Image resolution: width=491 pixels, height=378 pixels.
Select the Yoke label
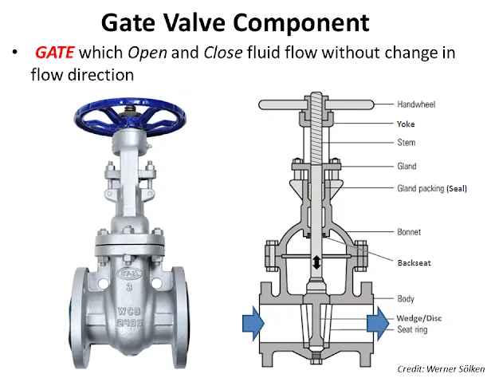[407, 124]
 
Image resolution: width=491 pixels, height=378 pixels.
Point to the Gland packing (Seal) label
[431, 189]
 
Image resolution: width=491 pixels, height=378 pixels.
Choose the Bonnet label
[409, 232]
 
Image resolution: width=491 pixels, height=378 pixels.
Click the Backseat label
[414, 261]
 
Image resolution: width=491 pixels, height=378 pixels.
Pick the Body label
[405, 299]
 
